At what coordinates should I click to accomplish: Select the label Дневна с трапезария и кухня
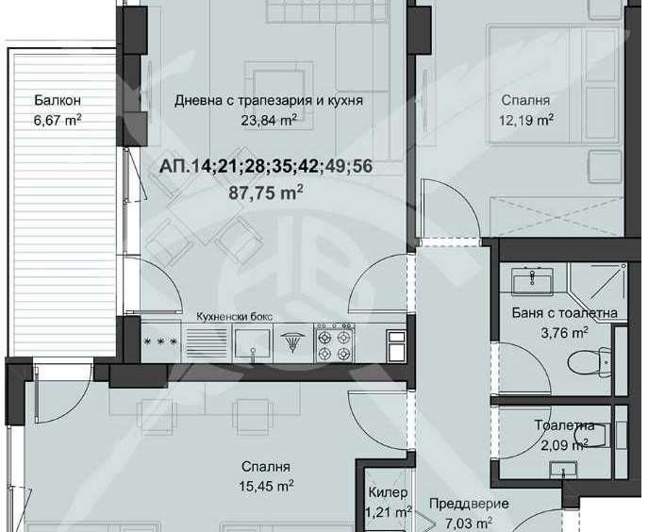point(269,100)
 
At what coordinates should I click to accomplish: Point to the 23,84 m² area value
point(269,119)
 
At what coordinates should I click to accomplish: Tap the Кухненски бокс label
point(234,317)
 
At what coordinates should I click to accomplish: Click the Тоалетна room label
point(564,425)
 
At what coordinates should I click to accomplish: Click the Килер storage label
point(389,493)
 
